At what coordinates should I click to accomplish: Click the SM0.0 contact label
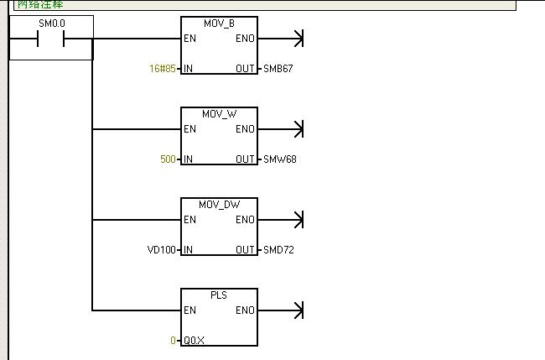coord(51,24)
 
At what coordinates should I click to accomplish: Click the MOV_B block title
coord(220,22)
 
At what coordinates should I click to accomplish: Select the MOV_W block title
coord(220,112)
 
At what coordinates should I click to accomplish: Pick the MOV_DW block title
coord(220,203)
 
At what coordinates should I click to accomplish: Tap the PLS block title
coord(220,294)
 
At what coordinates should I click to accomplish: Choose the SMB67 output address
coord(278,68)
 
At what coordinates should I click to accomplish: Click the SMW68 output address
coord(279,159)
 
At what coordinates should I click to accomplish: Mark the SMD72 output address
coord(278,249)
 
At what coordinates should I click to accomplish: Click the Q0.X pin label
coord(195,340)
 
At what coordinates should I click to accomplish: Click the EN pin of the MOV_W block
coord(189,129)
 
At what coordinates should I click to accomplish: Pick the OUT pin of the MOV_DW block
coord(246,249)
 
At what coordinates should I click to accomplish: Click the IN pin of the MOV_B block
coord(188,68)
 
